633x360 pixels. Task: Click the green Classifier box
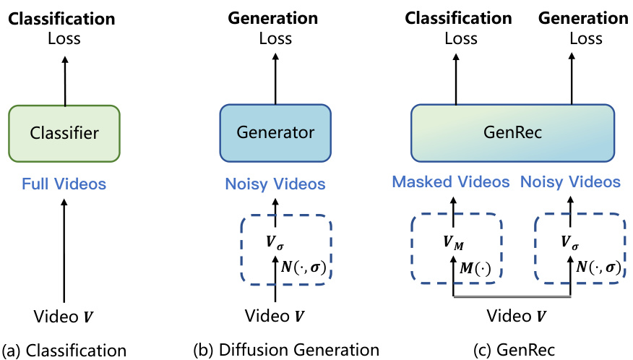click(64, 133)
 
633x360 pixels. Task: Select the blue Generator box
click(275, 133)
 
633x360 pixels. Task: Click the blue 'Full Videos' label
click(64, 184)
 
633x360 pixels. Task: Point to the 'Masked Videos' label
click(451, 181)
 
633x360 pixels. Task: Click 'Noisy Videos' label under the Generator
click(275, 184)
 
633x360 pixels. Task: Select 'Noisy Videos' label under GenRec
click(570, 181)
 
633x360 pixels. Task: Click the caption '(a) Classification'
click(64, 351)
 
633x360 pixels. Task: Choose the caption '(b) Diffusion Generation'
click(286, 351)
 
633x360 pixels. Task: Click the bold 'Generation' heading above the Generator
click(275, 17)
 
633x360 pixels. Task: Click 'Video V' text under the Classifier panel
click(64, 317)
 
